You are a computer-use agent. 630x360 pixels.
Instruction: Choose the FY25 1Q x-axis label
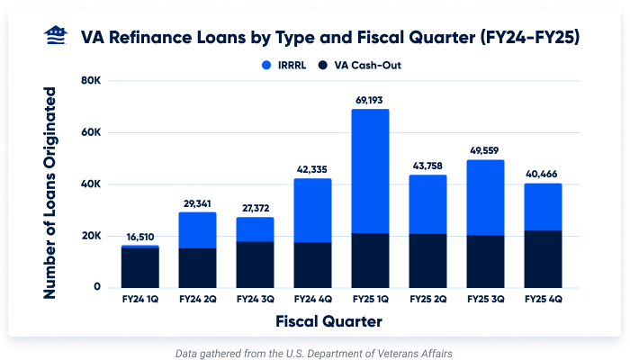pos(370,297)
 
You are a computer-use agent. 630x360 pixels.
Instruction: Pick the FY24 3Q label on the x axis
pos(255,297)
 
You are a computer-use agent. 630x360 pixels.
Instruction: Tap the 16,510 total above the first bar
pos(139,236)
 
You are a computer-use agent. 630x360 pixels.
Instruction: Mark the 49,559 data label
pos(485,150)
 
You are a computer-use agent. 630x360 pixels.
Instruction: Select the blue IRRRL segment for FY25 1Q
pos(370,171)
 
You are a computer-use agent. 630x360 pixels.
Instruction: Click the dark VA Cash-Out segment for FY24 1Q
pos(139,267)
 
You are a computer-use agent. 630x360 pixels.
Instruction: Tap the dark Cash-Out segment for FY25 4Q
pos(543,259)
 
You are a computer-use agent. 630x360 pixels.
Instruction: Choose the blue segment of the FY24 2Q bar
pos(197,229)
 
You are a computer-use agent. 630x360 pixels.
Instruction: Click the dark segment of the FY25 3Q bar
pos(485,261)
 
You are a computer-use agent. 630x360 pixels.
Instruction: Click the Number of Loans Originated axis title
pos(50,193)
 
